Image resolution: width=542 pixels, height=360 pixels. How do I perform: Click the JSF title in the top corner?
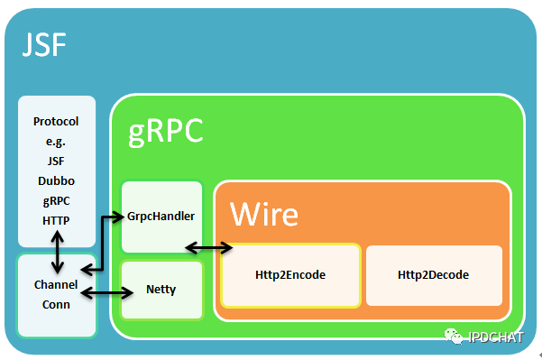tap(44, 45)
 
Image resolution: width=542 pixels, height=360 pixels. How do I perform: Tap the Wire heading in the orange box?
tap(263, 214)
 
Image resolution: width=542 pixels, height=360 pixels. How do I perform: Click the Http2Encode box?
tap(291, 275)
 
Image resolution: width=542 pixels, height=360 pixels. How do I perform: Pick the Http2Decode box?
tap(434, 275)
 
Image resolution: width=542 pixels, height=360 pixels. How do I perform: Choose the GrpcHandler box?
tap(162, 217)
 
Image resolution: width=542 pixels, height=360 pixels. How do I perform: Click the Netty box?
tap(161, 291)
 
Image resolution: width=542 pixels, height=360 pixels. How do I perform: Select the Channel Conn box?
tap(56, 295)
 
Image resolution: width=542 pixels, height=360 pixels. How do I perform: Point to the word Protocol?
tap(56, 121)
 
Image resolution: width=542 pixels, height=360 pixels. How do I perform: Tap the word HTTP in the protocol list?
tap(56, 219)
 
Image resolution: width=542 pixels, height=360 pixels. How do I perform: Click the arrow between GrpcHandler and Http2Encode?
tap(207, 246)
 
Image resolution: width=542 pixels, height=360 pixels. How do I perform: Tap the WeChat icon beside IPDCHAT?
tap(452, 337)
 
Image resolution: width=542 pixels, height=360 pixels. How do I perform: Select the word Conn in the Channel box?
tap(56, 304)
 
